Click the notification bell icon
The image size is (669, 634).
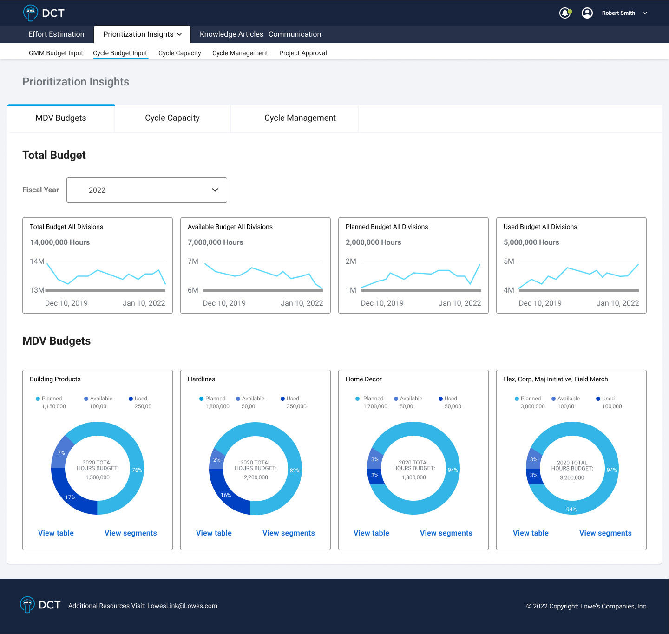[564, 13]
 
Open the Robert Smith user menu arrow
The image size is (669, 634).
[645, 13]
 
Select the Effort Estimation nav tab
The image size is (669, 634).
[56, 34]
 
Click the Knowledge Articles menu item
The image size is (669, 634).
[231, 34]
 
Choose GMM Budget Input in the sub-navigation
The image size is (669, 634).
[56, 53]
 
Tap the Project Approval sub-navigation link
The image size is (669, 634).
[303, 53]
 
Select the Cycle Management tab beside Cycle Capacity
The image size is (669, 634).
[300, 118]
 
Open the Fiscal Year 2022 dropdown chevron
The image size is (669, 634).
[215, 190]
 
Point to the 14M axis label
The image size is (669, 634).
[37, 261]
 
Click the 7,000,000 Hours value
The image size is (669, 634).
[216, 242]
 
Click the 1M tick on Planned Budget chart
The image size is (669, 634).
[351, 290]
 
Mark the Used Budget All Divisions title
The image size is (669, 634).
[540, 227]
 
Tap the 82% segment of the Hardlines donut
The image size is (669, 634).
[295, 471]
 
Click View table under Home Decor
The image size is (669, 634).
[371, 533]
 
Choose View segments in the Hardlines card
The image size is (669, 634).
[289, 533]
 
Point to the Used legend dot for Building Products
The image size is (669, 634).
[131, 399]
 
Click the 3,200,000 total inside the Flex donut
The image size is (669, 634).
[572, 477]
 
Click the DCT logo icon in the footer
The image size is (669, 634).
[27, 605]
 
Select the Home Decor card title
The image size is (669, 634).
[364, 379]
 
